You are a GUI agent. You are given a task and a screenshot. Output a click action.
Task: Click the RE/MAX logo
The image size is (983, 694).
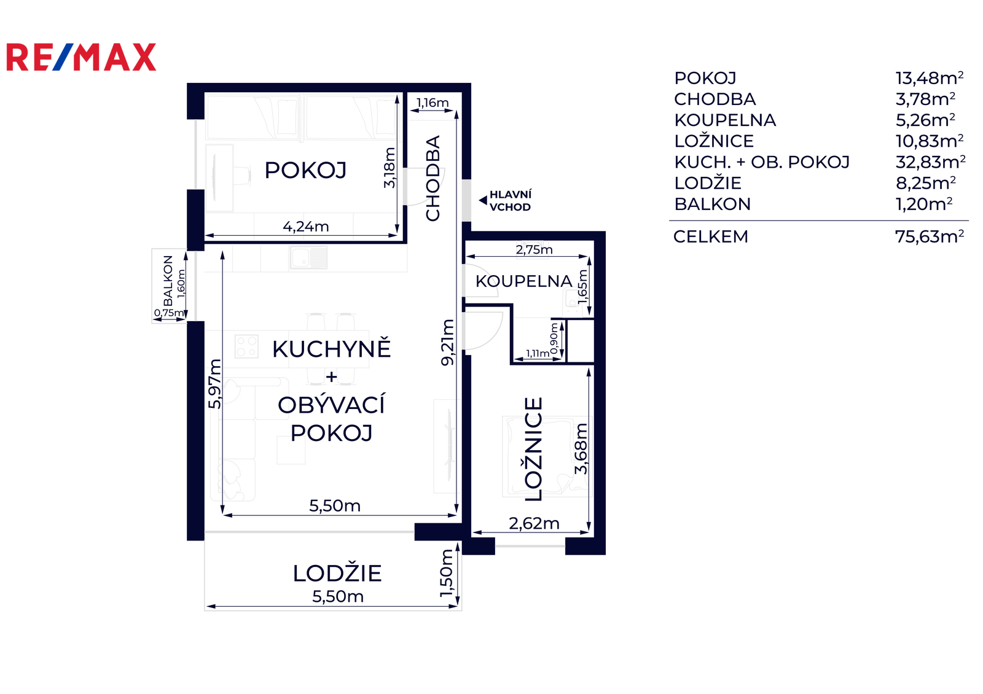coord(81,57)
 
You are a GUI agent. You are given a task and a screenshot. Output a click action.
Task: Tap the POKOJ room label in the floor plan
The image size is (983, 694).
coord(305,170)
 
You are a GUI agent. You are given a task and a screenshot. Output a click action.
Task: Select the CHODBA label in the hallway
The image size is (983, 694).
coord(433,178)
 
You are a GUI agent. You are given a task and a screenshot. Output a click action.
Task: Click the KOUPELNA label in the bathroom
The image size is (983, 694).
coord(524,281)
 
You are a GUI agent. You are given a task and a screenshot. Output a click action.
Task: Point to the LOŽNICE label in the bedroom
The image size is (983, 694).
coord(534,449)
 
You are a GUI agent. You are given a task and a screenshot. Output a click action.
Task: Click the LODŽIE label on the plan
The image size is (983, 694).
coord(337,574)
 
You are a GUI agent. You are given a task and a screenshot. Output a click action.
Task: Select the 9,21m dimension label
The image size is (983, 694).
coord(448,343)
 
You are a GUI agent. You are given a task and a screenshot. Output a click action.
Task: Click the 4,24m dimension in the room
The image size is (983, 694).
coord(306,227)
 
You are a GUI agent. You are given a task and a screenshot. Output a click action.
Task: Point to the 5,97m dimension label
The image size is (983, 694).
coord(214,384)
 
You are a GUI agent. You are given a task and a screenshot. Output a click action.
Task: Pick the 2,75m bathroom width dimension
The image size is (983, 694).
coord(534,249)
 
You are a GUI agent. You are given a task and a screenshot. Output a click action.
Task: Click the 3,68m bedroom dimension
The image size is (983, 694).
coord(581,449)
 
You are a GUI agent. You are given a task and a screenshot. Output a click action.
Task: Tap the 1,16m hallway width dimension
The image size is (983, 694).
coord(433,103)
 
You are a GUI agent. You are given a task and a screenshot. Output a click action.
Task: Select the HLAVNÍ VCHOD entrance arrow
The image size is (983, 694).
coord(483,200)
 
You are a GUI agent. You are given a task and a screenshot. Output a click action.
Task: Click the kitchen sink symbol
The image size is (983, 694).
coord(309,257)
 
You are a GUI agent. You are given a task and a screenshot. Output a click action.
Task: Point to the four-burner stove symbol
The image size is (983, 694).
coord(246,346)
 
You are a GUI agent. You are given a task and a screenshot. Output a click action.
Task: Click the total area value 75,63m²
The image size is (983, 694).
coord(930,237)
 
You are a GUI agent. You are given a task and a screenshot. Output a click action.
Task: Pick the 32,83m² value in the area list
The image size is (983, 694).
coord(930,162)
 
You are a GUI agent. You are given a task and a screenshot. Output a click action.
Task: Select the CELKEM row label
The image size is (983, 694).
coord(710,237)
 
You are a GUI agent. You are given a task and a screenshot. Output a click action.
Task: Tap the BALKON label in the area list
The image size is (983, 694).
coord(712,204)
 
